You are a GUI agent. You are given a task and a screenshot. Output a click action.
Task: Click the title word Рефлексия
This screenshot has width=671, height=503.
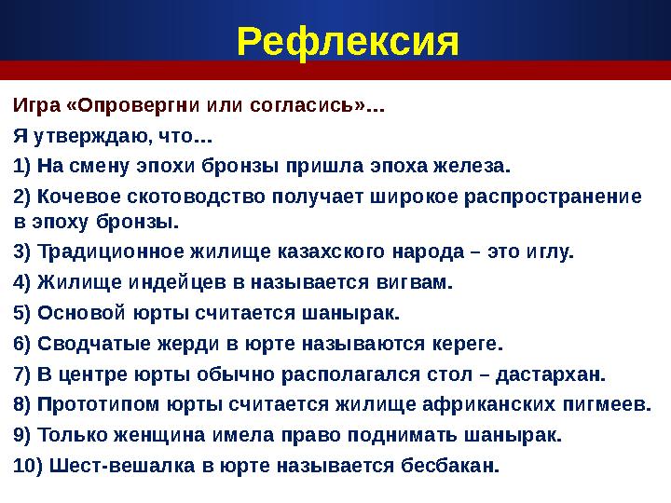click(348, 40)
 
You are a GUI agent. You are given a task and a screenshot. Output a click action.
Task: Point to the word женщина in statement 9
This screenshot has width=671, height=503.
click(148, 436)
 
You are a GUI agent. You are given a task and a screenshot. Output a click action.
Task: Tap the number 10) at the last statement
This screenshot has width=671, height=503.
click(27, 466)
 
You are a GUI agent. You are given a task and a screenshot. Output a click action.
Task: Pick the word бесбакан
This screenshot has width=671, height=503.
click(455, 466)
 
